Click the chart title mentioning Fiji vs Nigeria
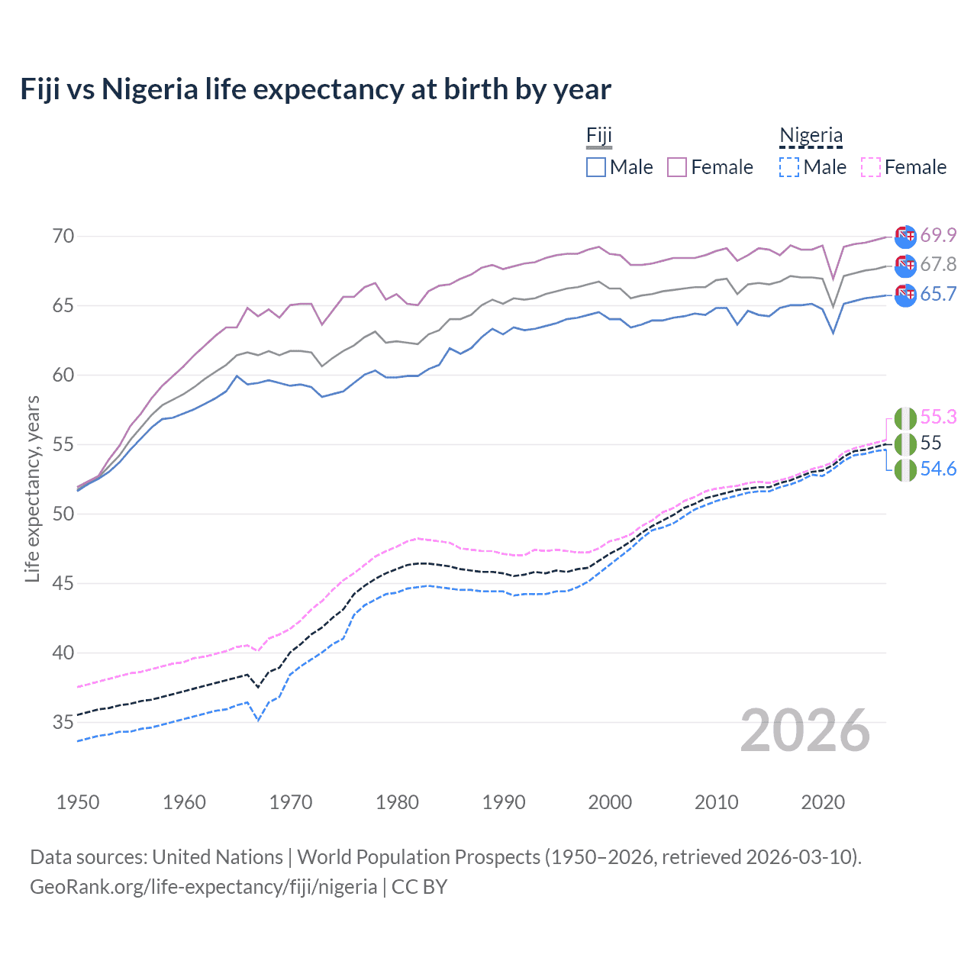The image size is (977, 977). [x=315, y=89]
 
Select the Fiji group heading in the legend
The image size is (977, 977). [x=599, y=136]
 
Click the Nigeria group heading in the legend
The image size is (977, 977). [x=811, y=136]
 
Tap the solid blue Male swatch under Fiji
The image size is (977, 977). [x=596, y=167]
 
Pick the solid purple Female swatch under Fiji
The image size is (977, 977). [x=677, y=167]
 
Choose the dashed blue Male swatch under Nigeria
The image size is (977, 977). [x=789, y=167]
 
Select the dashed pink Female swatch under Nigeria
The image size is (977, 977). [x=871, y=167]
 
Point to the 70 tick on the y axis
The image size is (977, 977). [x=63, y=236]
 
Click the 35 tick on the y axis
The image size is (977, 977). [x=63, y=722]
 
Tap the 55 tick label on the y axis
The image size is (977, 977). [x=63, y=444]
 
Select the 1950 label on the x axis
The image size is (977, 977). [x=78, y=802]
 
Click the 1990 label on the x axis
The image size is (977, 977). [x=504, y=802]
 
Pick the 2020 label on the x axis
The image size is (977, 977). [x=823, y=802]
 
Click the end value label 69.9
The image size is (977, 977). [x=938, y=235]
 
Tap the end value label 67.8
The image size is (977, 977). [x=938, y=264]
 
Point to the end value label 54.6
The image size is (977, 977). [x=938, y=469]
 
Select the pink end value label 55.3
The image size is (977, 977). [x=938, y=417]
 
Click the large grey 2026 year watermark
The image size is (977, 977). [x=805, y=730]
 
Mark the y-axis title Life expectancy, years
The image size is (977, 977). [x=32, y=489]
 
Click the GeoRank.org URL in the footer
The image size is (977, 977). [x=204, y=887]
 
